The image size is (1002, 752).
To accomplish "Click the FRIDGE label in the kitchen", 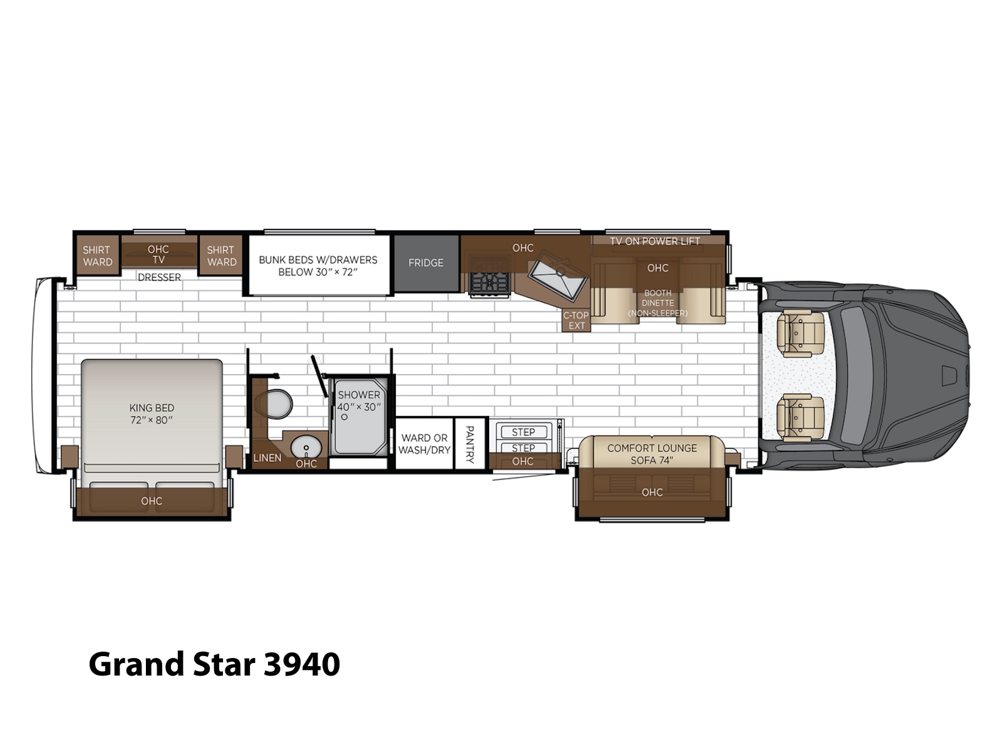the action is (x=425, y=263).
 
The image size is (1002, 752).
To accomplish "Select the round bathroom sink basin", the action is (x=306, y=447).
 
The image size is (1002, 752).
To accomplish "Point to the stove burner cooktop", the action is (x=489, y=283).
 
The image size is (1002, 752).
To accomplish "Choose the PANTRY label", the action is (x=470, y=444).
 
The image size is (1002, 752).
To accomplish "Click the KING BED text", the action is (x=152, y=408).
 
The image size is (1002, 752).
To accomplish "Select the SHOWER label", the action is (x=359, y=395).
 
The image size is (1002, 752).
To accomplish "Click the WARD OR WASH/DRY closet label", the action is (x=424, y=444).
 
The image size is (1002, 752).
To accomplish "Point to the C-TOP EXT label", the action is (x=576, y=320).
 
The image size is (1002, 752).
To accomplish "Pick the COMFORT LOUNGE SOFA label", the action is (x=652, y=454).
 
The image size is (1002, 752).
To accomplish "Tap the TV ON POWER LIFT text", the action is (x=654, y=241).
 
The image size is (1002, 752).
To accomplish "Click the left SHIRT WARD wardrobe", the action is (x=98, y=256).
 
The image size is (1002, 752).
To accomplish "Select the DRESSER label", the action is (x=159, y=278).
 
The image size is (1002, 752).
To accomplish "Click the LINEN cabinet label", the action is (x=267, y=458).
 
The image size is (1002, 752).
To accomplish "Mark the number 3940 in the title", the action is (x=302, y=665).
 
